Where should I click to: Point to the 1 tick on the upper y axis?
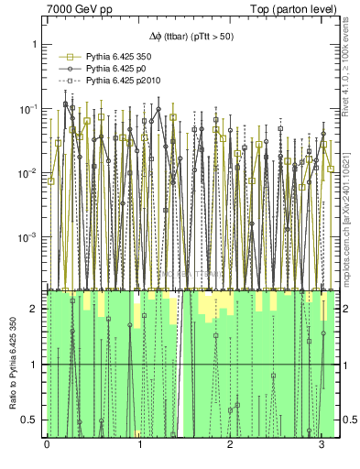[33, 44]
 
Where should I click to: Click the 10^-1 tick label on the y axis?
[27, 109]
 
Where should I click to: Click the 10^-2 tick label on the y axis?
[27, 173]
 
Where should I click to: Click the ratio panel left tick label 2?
[34, 309]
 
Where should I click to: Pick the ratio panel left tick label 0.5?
[29, 420]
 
